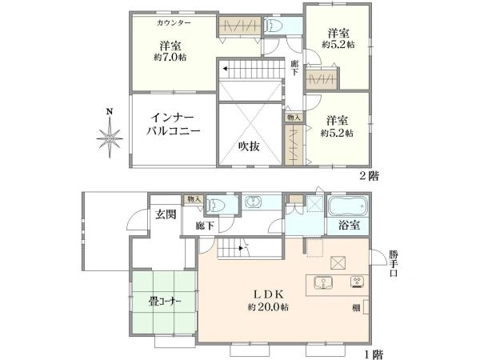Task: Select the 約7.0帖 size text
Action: coord(172,57)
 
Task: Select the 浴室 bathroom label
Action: coord(348,225)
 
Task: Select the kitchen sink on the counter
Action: coord(323,282)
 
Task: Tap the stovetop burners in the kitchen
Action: coord(354,282)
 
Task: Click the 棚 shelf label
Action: coord(355,306)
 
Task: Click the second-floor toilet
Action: coord(272,25)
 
